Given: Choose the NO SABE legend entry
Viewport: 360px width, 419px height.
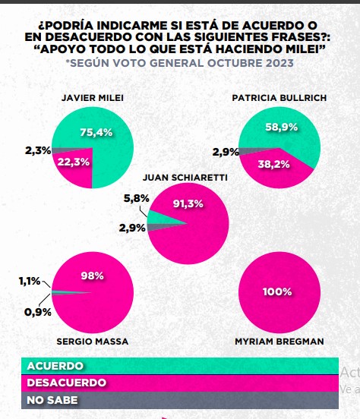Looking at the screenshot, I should click(53, 399).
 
